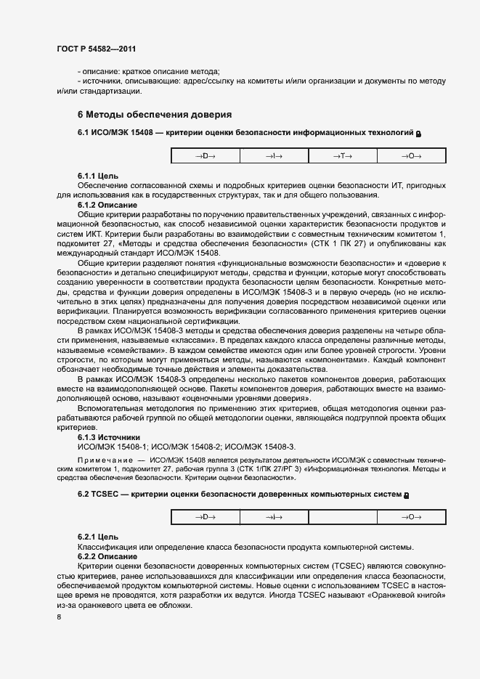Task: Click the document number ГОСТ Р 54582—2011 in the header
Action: [x=96, y=49]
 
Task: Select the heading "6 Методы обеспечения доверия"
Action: [x=155, y=115]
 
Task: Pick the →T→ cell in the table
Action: [x=343, y=156]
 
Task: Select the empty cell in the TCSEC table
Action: [x=343, y=517]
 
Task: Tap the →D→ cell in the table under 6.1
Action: [x=205, y=156]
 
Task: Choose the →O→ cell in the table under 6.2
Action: [x=411, y=517]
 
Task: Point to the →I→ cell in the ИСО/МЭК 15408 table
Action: [x=274, y=156]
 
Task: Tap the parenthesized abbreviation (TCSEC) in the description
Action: [x=347, y=565]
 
